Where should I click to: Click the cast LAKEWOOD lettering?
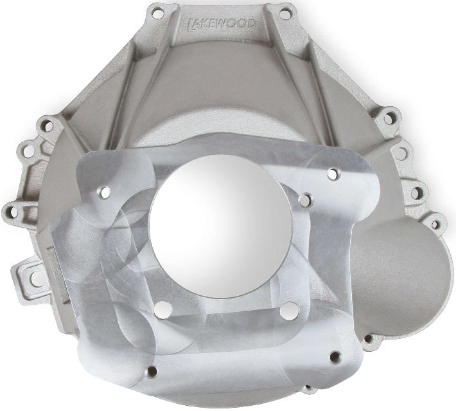pos(220,24)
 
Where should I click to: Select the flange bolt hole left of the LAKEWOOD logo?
pos(155,12)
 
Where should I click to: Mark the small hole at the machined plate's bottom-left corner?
pos(152,371)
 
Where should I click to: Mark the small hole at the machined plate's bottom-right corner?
pos(333,356)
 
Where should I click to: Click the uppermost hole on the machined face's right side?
pos(332,174)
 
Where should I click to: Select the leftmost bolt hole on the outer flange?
pos(12,210)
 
